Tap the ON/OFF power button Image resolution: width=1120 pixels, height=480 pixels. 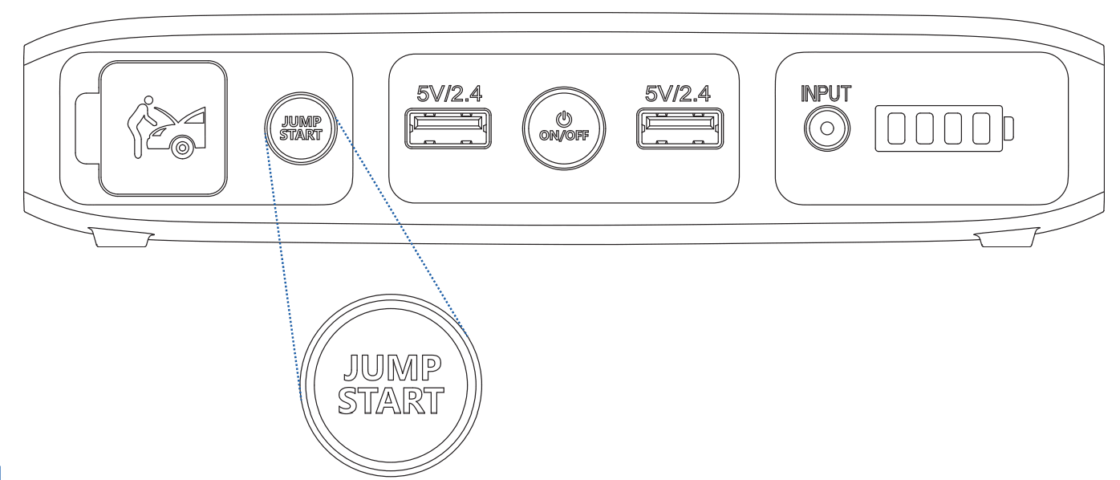tap(565, 128)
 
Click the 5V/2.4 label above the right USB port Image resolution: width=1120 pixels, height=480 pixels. tap(677, 94)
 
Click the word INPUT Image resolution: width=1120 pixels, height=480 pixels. tap(826, 93)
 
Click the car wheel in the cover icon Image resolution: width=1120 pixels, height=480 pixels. tap(183, 147)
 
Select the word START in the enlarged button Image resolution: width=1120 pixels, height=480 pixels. tap(392, 400)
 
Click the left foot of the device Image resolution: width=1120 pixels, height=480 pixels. tap(120, 238)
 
